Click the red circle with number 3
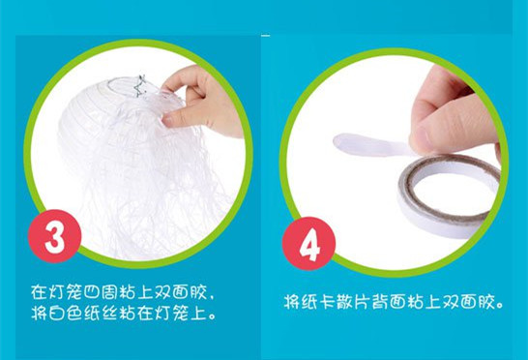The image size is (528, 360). [x=54, y=236]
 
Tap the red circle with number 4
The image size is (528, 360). [x=308, y=243]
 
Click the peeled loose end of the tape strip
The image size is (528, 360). [x=347, y=142]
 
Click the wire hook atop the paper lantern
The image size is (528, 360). [x=139, y=86]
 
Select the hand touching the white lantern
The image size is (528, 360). [x=202, y=101]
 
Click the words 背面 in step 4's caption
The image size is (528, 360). [x=388, y=301]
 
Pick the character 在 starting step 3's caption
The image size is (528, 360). [x=39, y=292]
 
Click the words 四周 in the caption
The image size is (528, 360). [x=101, y=292]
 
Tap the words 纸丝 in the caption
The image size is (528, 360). [x=101, y=314]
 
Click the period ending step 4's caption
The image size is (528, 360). [x=499, y=306]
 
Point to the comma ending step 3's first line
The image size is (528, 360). [x=212, y=297]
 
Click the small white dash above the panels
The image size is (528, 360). [x=265, y=35]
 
